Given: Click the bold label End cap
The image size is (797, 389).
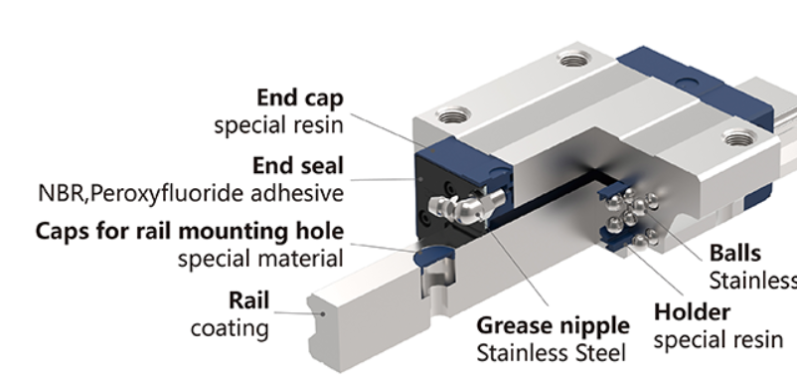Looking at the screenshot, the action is click(x=300, y=97).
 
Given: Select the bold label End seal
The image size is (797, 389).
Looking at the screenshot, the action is click(x=298, y=166).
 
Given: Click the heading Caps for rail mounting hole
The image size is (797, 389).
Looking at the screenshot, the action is click(x=190, y=231).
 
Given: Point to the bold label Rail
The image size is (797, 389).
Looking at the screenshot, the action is click(x=248, y=300).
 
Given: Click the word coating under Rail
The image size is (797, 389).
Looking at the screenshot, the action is click(x=230, y=328).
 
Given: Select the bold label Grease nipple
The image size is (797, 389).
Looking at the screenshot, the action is click(x=553, y=326).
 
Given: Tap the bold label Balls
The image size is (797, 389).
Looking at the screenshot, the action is click(x=735, y=253).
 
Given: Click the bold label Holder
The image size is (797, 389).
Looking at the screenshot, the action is click(x=692, y=312).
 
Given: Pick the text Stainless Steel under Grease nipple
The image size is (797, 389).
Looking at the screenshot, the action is click(x=551, y=353).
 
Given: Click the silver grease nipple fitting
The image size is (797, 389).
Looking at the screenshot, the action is click(x=466, y=204).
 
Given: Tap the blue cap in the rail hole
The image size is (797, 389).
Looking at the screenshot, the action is click(x=434, y=255).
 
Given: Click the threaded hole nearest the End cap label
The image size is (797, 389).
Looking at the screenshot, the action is click(x=453, y=115).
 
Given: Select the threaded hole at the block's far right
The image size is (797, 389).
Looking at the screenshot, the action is click(x=739, y=137).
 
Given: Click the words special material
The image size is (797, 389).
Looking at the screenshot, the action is click(x=260, y=259).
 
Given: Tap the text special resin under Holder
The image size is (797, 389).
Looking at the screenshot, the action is click(x=718, y=340).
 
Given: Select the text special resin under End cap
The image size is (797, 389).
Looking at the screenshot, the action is click(x=279, y=125).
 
